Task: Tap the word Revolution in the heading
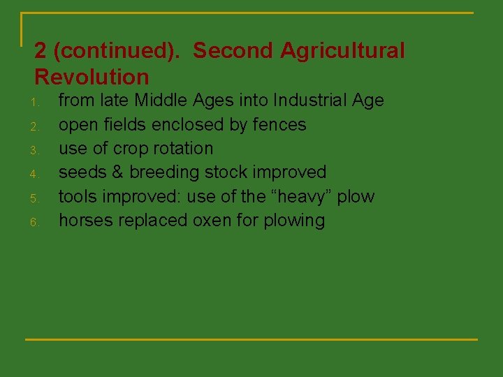pos(92,77)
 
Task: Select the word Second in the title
pos(233,51)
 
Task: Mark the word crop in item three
pos(126,149)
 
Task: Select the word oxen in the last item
pos(214,221)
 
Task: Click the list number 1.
pos(33,103)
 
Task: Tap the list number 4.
pos(33,175)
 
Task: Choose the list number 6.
pos(33,223)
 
